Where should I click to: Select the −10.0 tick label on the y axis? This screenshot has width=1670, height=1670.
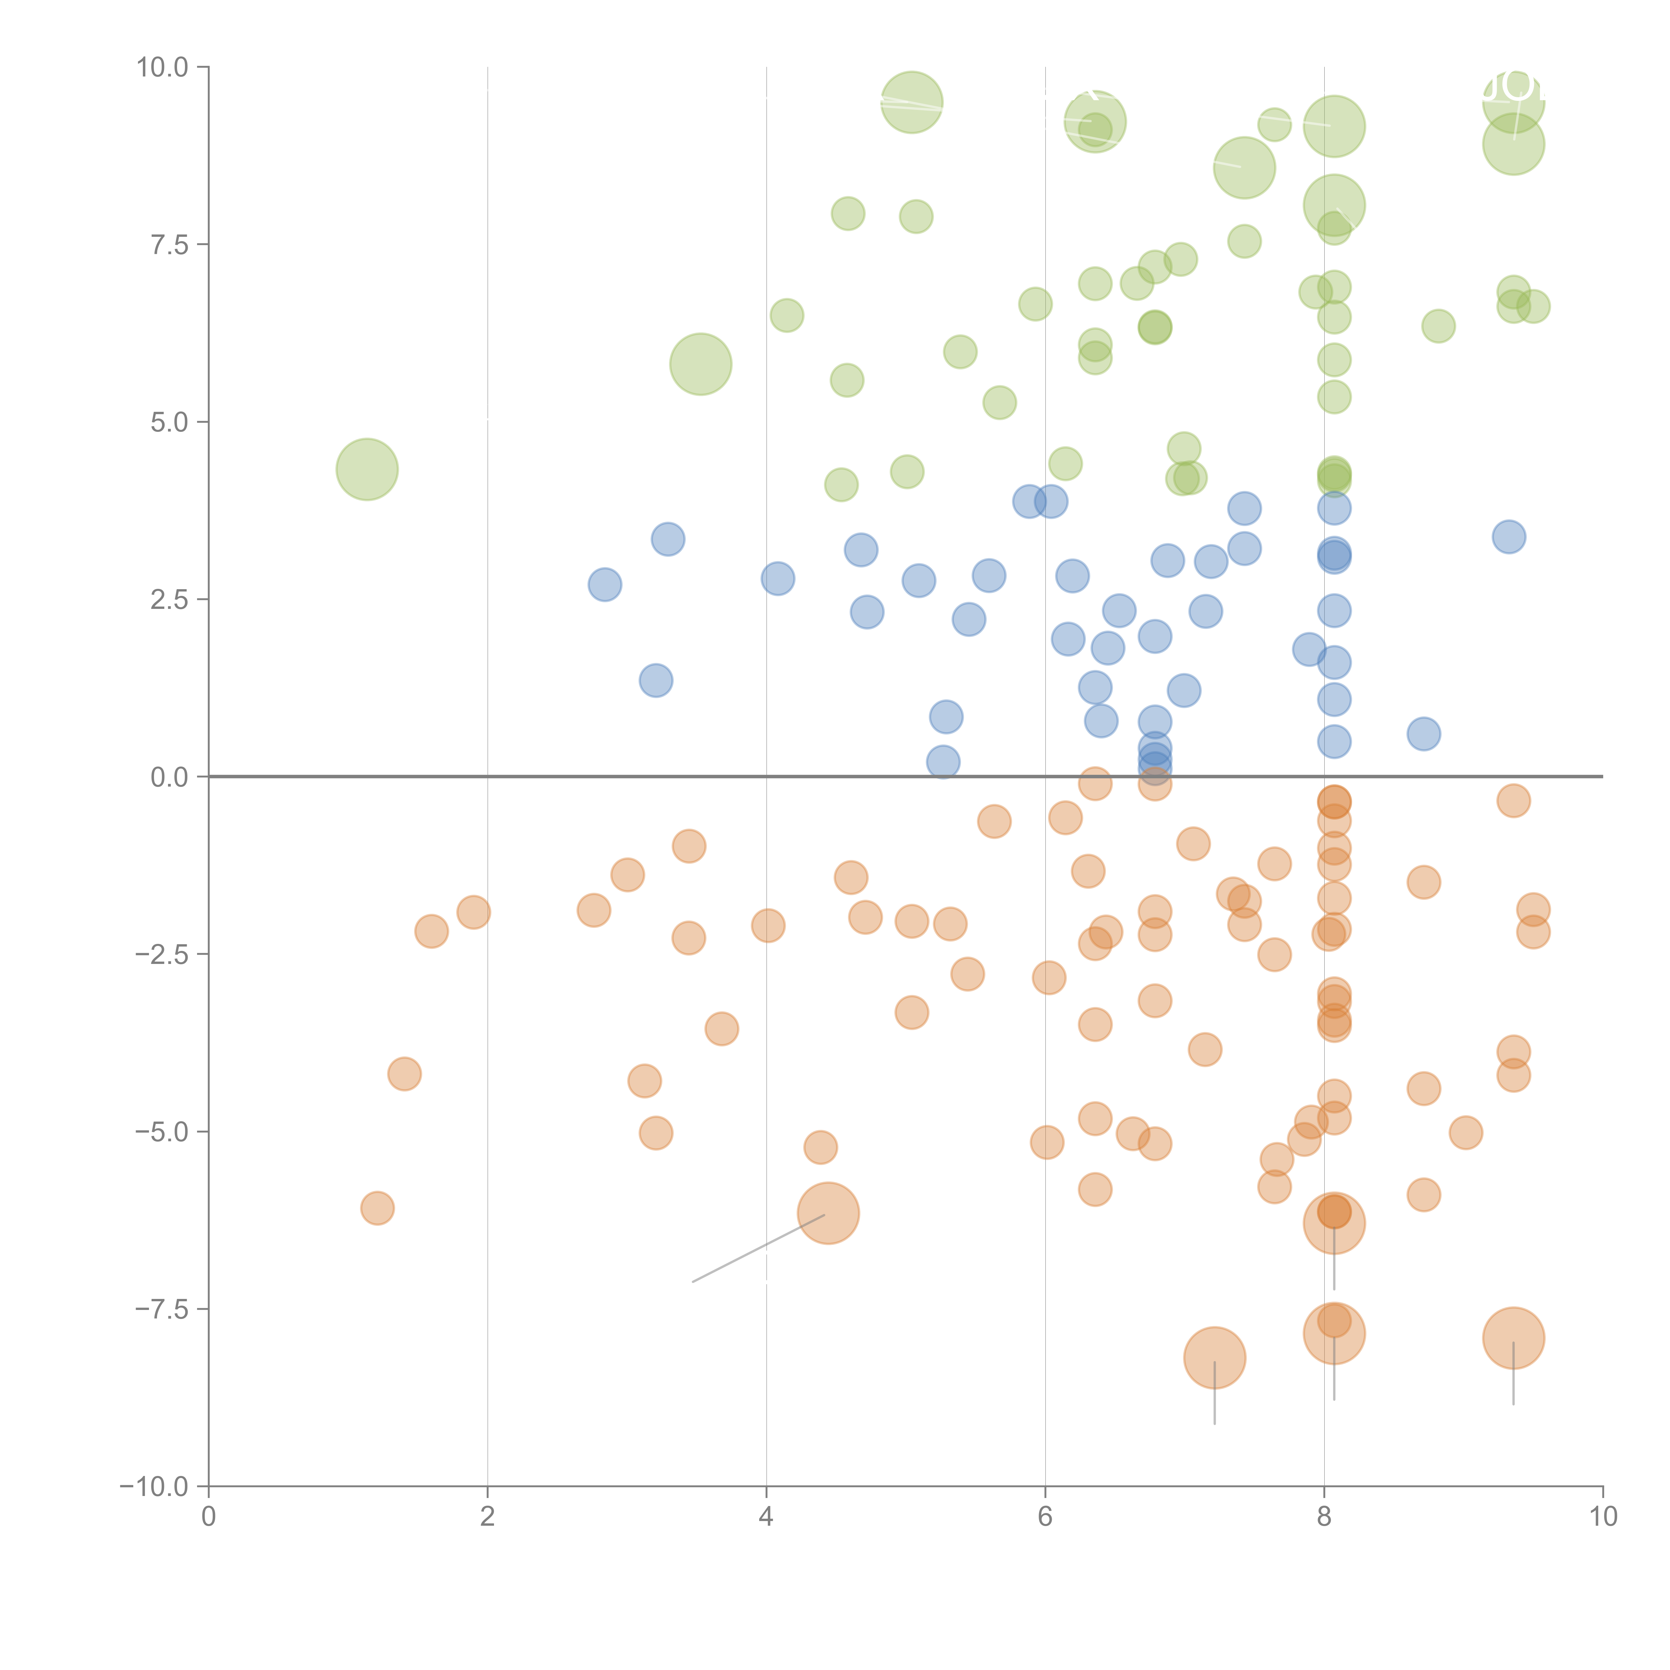click(x=156, y=1487)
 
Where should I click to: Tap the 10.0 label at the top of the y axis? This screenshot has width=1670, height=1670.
click(x=163, y=67)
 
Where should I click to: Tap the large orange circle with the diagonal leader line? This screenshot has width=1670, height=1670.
click(x=828, y=1213)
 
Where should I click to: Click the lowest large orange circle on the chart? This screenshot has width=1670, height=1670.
click(x=1214, y=1358)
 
